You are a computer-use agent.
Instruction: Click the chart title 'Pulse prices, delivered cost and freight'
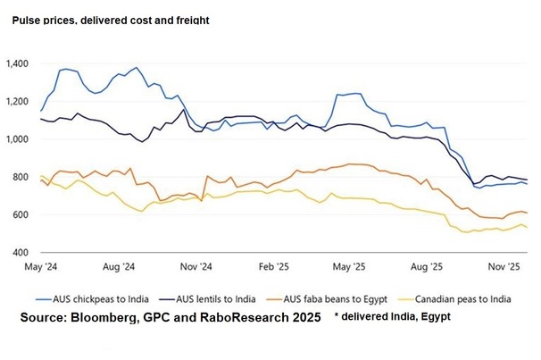111,21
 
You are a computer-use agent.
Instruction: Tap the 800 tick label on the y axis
21,178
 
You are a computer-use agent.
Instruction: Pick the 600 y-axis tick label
21,215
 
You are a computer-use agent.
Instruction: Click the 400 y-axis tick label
21,253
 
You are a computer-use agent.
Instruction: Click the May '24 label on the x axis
42,266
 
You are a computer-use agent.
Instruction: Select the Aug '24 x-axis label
119,266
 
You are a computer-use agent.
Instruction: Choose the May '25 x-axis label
350,266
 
